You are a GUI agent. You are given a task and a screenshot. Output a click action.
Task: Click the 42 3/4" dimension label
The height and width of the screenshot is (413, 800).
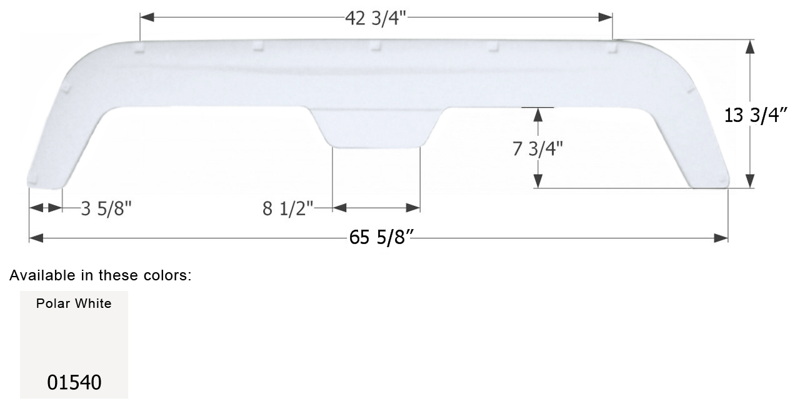(376, 18)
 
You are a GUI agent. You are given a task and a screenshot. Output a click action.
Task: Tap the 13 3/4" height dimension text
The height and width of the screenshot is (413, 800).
(754, 115)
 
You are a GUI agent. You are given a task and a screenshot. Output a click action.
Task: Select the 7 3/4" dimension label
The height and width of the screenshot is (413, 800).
(538, 148)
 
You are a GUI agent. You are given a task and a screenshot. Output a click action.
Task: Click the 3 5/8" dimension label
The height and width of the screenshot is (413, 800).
(106, 208)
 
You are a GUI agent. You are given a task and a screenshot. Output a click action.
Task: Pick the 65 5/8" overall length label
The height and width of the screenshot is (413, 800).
(383, 239)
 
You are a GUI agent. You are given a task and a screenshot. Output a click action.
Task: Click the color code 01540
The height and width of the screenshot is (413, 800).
(74, 382)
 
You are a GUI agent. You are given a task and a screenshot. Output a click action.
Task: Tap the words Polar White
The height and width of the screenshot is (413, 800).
(74, 303)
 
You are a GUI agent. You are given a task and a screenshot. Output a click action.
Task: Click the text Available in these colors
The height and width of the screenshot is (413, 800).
(100, 275)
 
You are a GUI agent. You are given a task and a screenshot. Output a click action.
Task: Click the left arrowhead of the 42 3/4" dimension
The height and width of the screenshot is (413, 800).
(146, 18)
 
